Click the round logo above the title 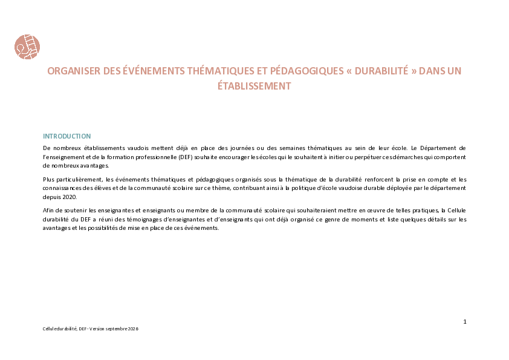[27, 47]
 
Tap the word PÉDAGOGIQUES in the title [306, 71]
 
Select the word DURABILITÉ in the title [381, 71]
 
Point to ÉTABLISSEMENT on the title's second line [254, 86]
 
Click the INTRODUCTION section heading [67, 136]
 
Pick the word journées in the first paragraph [242, 148]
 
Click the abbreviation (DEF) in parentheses [186, 157]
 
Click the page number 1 [465, 322]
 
